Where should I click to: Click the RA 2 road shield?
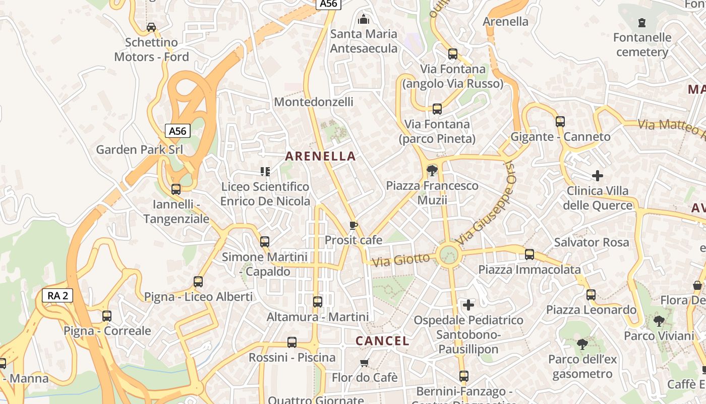tap(57, 295)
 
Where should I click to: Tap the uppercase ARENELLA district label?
tap(321, 156)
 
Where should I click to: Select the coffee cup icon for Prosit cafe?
tap(354, 225)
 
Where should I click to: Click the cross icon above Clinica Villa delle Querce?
tap(598, 176)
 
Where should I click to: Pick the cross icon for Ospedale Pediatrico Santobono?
tap(468, 305)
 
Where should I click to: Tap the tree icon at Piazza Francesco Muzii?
tap(432, 171)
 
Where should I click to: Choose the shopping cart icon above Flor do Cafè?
tap(365, 363)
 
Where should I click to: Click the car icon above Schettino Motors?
tap(151, 27)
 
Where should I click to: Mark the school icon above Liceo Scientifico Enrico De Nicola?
tap(265, 172)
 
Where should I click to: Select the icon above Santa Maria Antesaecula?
tap(364, 20)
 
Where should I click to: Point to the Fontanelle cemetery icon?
tap(641, 23)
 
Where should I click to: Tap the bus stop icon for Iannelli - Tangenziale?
tap(176, 189)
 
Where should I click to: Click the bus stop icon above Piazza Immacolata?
tap(529, 255)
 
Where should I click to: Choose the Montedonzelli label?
tap(314, 102)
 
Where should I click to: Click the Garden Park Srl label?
tap(139, 149)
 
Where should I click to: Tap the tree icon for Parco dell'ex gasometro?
tap(582, 344)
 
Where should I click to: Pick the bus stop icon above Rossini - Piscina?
tap(292, 342)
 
